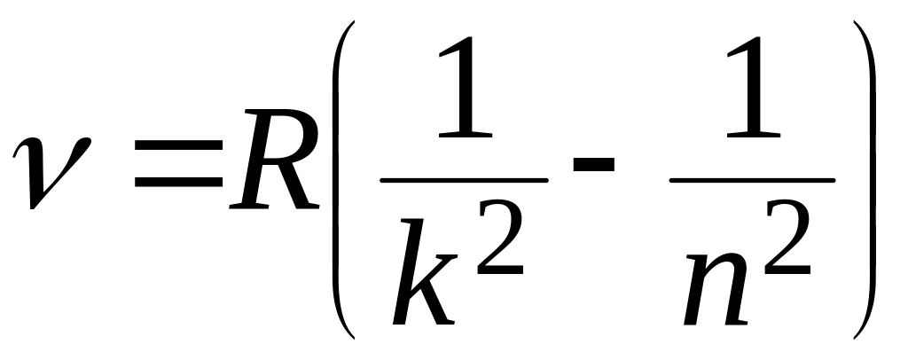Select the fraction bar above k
464,180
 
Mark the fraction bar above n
752,180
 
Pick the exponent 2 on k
500,244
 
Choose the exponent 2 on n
791,244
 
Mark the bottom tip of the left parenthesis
354,338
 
